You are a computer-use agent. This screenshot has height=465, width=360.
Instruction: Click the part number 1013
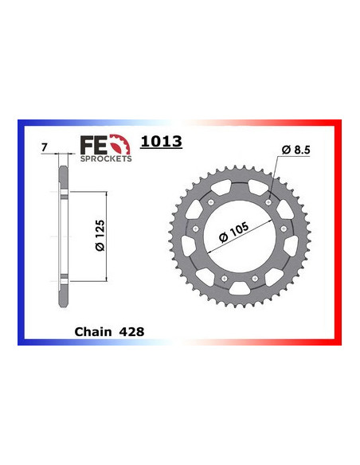[x=161, y=143]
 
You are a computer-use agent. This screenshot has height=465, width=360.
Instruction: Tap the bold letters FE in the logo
[x=92, y=144]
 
